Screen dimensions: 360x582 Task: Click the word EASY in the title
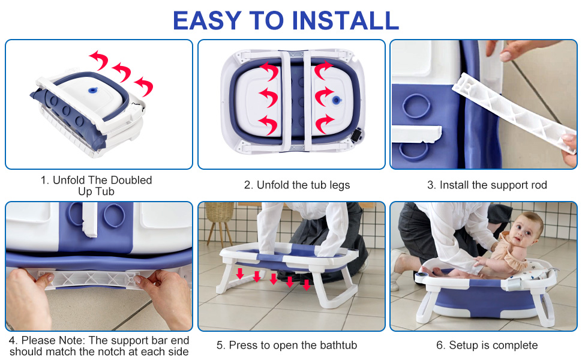point(207,20)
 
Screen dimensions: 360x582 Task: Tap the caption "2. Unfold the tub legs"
point(296,185)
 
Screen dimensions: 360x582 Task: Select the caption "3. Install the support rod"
point(487,185)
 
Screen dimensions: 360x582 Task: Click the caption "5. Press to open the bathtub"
point(286,345)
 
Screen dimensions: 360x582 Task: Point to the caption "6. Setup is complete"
point(487,345)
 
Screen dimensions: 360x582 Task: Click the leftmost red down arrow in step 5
point(240,274)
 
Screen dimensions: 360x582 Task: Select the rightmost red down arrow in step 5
point(307,284)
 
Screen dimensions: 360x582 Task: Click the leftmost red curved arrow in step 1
point(99,60)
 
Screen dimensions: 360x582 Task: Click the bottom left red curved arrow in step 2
point(268,124)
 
